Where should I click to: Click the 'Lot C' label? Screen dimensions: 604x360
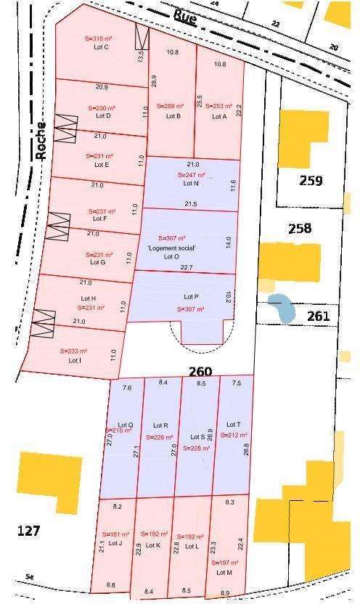tap(102, 47)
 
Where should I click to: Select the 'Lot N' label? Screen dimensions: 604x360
tap(191, 184)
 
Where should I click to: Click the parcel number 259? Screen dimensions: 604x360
tap(311, 180)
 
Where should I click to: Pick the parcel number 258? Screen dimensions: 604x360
tap(300, 228)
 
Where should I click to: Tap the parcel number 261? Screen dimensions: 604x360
tap(318, 316)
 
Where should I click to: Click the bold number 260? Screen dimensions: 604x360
tap(200, 372)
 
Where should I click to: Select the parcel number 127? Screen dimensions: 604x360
tap(28, 531)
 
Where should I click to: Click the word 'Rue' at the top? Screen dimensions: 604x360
tap(185, 17)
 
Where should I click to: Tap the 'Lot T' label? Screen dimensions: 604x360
tap(233, 425)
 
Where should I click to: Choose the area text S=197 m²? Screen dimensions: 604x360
tap(224, 563)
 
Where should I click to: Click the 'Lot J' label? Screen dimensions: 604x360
tap(115, 543)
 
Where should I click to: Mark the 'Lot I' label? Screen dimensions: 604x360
tap(75, 360)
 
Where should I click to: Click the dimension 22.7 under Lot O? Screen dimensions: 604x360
tap(187, 268)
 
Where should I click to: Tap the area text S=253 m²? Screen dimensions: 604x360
tap(219, 106)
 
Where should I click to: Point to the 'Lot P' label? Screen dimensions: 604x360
tap(191, 297)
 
